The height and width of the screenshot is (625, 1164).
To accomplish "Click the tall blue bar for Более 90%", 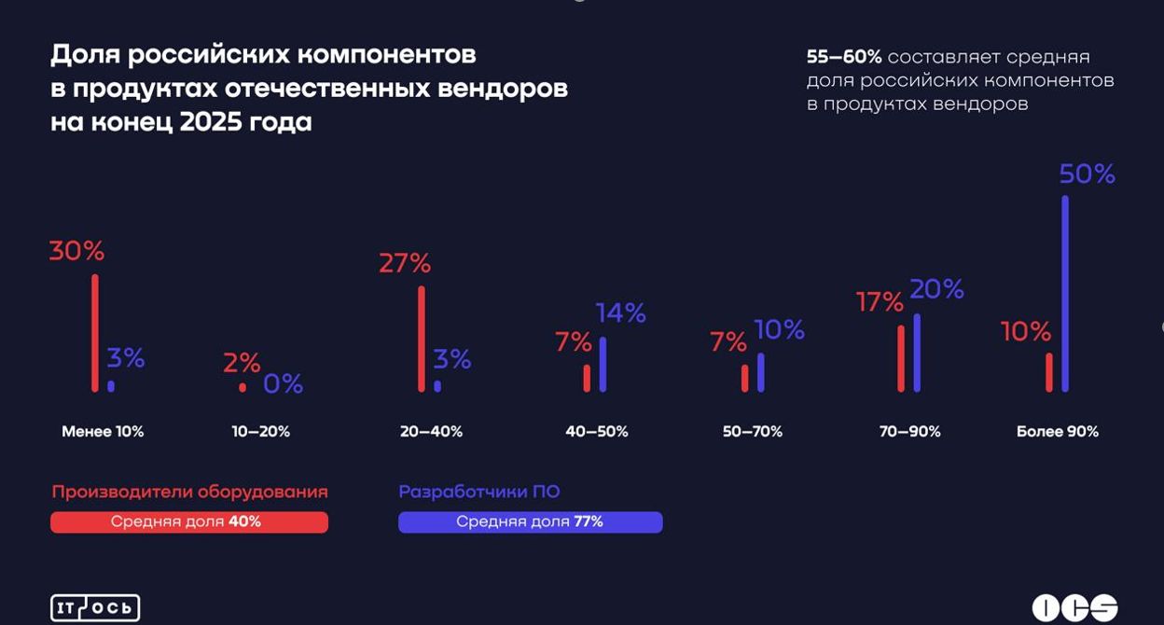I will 1065,293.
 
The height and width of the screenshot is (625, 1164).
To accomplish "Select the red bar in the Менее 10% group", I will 95,332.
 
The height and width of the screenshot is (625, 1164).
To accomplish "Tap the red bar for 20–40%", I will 422,339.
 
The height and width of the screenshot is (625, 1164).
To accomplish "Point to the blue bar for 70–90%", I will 917,353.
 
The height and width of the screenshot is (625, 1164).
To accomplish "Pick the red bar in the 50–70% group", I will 744,378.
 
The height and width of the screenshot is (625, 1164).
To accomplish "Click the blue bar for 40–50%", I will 603,364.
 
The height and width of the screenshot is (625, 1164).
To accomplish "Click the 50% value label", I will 1087,174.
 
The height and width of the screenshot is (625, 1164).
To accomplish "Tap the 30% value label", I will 76,251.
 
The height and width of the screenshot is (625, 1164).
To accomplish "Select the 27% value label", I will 405,264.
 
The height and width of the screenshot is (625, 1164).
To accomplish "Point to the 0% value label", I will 283,383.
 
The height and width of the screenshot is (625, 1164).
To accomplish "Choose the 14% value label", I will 621,313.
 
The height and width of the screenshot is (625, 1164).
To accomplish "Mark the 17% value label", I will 880,302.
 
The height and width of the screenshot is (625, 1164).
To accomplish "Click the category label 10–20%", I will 261,432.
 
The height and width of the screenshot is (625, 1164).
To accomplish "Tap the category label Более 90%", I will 1058,432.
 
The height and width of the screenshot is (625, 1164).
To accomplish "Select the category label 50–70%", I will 752,432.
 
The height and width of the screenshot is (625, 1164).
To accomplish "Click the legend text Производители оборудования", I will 189,492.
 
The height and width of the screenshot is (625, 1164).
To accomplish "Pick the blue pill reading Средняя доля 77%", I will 530,522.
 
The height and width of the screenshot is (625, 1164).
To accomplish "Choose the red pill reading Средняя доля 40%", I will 189,522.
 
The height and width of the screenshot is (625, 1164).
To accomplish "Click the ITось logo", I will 95,608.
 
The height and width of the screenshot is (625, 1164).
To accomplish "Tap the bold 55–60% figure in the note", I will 843,58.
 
